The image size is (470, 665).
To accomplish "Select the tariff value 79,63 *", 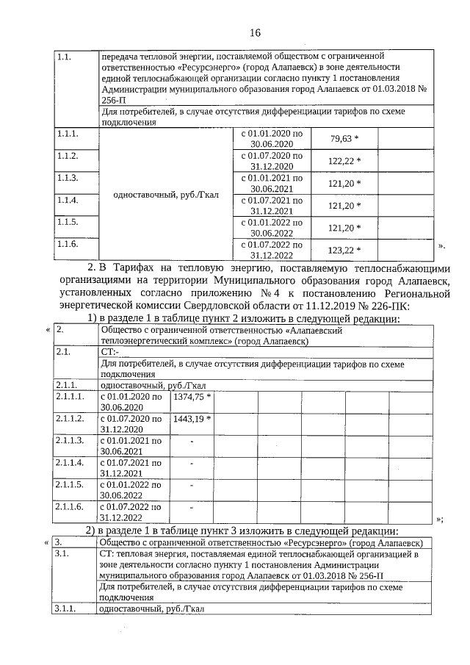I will point(345,139).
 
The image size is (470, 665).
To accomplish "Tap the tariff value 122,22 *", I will point(345,161).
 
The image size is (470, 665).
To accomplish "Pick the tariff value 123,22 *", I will point(345,251).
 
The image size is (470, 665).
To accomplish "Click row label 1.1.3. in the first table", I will point(67,178).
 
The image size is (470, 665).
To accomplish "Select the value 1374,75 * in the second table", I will point(192,397).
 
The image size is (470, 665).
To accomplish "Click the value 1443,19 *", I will point(192,419).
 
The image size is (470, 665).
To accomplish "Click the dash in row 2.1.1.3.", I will point(192,442).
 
